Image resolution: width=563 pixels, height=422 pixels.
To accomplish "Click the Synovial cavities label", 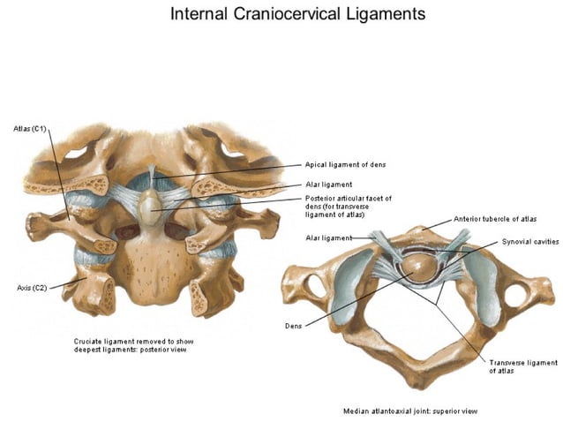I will coord(529,241).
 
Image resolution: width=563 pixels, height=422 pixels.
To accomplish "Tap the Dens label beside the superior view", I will coord(293,326).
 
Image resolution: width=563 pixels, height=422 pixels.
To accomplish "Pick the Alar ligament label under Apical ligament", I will coord(328,185).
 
